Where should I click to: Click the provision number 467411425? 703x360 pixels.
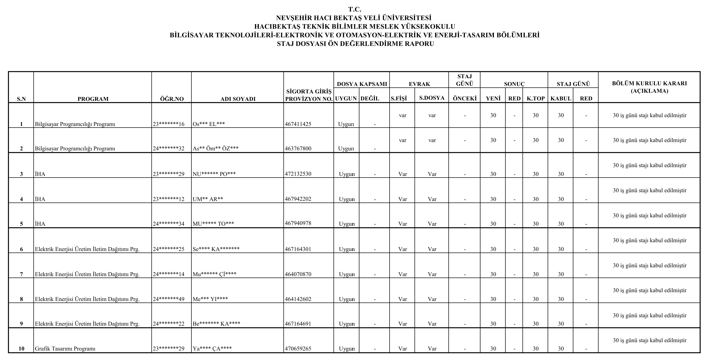click(x=298, y=124)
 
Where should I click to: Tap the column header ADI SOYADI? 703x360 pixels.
click(x=238, y=99)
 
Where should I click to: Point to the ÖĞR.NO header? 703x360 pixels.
click(x=172, y=99)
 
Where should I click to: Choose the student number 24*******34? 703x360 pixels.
click(x=168, y=224)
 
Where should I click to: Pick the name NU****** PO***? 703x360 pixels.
click(x=214, y=174)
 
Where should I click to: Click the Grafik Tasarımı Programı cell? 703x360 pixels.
click(x=65, y=348)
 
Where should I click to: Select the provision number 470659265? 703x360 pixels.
click(x=298, y=348)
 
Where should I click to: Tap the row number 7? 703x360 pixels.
click(x=21, y=274)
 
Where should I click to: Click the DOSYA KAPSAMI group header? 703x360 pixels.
click(x=362, y=84)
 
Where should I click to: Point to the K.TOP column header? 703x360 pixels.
click(x=536, y=99)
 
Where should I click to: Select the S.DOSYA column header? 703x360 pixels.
click(x=432, y=98)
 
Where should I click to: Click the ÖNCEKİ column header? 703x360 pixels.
click(x=465, y=99)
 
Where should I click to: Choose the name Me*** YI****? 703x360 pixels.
click(x=210, y=299)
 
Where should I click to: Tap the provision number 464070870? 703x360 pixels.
click(x=298, y=274)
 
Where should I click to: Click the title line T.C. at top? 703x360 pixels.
click(x=354, y=9)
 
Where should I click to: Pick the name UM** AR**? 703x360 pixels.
click(x=208, y=199)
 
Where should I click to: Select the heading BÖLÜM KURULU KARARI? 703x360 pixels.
click(x=649, y=83)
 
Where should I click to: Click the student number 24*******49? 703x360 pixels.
click(x=168, y=299)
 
